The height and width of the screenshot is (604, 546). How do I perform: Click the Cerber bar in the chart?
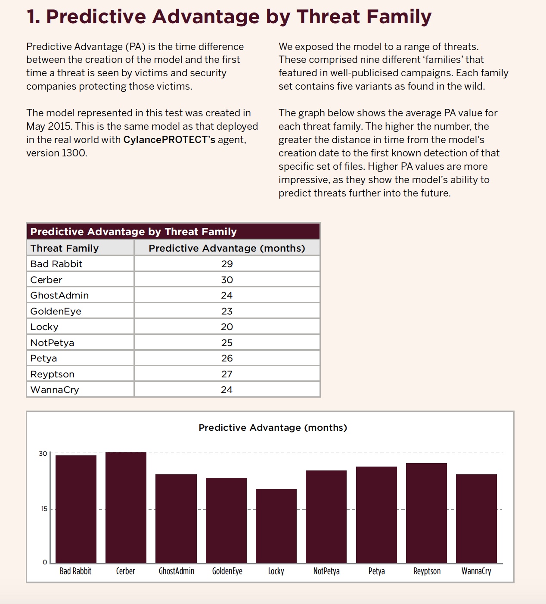pyautogui.click(x=126, y=507)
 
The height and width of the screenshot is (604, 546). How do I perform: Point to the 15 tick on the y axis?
pyautogui.click(x=44, y=509)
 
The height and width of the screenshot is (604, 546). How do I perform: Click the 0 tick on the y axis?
pyautogui.click(x=45, y=562)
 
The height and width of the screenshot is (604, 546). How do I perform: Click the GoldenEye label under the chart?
pyautogui.click(x=227, y=571)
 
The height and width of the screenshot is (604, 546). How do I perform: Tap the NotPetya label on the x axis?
pyautogui.click(x=326, y=571)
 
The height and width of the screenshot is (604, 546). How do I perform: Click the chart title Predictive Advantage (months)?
pyautogui.click(x=273, y=428)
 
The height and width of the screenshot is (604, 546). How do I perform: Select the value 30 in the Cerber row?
pyautogui.click(x=227, y=280)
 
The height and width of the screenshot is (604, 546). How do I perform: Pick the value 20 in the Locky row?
pyautogui.click(x=227, y=327)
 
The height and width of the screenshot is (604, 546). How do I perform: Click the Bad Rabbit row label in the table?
pyautogui.click(x=56, y=264)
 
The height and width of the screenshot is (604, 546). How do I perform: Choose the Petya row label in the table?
pyautogui.click(x=43, y=358)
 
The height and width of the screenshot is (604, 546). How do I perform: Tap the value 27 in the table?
pyautogui.click(x=227, y=374)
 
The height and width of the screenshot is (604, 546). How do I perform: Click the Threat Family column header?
pyautogui.click(x=65, y=248)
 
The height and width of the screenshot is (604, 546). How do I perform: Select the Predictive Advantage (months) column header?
pyautogui.click(x=227, y=248)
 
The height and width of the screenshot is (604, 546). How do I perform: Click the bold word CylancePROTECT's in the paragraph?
pyautogui.click(x=169, y=140)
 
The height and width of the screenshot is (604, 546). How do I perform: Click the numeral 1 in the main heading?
pyautogui.click(x=32, y=17)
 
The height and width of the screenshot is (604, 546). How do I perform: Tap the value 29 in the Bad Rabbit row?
pyautogui.click(x=227, y=264)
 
